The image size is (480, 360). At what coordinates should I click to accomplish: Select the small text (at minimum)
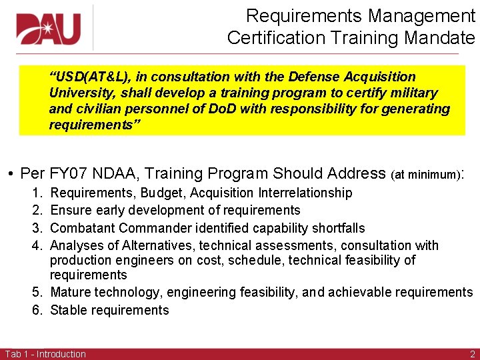click(425, 175)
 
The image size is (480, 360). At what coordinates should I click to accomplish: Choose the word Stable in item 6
click(67, 310)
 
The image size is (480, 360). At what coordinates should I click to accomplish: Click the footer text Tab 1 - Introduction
click(45, 354)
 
